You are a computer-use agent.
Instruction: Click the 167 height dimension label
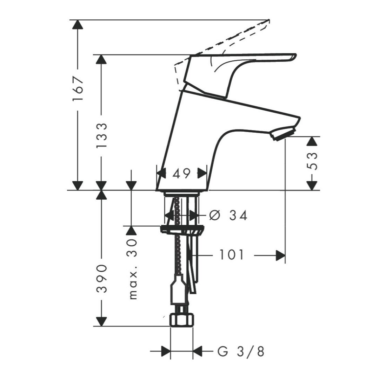78,88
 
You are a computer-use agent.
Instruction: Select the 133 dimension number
101,135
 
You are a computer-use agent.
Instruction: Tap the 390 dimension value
101,279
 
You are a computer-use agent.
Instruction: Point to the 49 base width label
181,173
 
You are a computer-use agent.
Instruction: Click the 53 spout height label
312,161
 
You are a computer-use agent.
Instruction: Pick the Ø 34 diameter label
228,215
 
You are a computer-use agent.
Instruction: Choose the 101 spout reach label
231,255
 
